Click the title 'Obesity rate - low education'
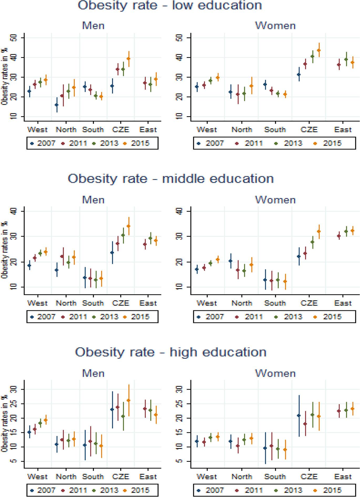point(170,5)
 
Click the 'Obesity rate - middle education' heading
point(171,179)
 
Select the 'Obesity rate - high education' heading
point(171,352)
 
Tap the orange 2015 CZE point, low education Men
point(128,59)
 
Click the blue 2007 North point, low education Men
point(56,105)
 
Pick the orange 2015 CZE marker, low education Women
point(319,50)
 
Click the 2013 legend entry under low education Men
point(106,143)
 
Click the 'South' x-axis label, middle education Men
point(93,303)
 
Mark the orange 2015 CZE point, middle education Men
point(128,226)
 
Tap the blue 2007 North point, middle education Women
point(230,261)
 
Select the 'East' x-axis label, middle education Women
point(343,303)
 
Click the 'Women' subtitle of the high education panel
point(275,373)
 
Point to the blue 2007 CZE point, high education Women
point(299,415)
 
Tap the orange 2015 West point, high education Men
point(46,420)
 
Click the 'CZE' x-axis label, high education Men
point(121,476)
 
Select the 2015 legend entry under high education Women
point(329,490)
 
